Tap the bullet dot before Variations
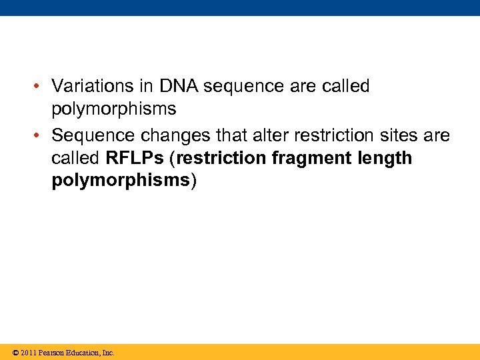pos(41,87)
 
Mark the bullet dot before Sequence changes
pos(41,136)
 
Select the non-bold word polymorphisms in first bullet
pos(114,109)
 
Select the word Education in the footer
pos(83,353)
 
